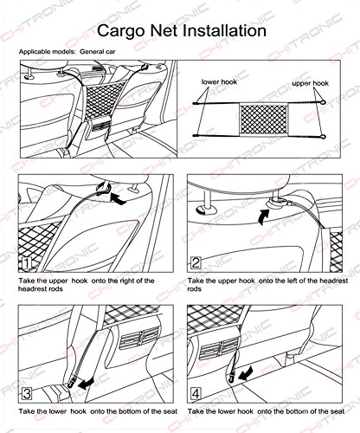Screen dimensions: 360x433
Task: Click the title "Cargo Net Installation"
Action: [x=182, y=30]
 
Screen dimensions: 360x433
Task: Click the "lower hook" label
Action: [x=219, y=82]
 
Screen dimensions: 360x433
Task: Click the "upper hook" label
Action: [x=310, y=83]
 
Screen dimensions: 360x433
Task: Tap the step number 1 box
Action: [x=27, y=263]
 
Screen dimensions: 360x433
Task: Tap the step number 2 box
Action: [x=196, y=262]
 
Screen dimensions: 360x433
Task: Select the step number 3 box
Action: [x=27, y=394]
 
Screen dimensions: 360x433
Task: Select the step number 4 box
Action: [x=196, y=394]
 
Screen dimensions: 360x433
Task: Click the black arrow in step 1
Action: [x=119, y=199]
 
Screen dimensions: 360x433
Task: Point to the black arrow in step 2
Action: [x=263, y=216]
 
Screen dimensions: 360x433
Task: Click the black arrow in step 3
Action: [x=87, y=384]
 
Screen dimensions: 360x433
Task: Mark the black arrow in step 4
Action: [x=246, y=373]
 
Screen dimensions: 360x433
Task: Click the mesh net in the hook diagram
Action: [x=264, y=119]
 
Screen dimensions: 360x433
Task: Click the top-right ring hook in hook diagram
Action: [x=323, y=102]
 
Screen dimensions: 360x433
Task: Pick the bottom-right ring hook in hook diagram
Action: [x=323, y=136]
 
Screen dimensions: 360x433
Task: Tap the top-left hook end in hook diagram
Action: [x=195, y=103]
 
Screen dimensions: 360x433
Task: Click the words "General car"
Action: [x=98, y=52]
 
